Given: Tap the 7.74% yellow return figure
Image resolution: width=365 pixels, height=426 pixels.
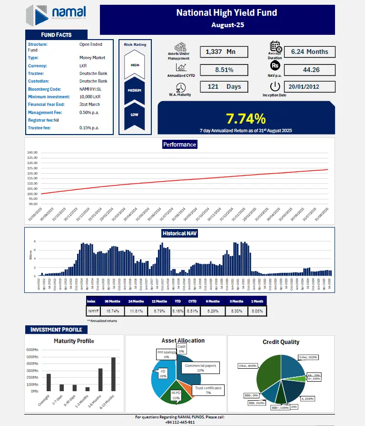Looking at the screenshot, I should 246,118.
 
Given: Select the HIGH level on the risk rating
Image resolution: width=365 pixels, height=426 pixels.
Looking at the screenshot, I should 135,65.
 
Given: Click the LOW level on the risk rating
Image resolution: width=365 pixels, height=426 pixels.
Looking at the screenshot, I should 135,114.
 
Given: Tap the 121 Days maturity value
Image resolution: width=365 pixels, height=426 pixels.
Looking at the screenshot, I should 224,87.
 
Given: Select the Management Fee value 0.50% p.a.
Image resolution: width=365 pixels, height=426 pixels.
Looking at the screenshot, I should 89,112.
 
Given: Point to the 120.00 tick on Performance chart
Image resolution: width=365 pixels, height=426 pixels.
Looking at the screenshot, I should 32,173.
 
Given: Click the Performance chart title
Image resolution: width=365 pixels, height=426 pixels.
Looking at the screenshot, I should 179,144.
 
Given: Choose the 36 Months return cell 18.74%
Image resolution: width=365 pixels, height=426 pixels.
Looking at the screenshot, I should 113,311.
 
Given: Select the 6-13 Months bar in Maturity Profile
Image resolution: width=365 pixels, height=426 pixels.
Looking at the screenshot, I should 113,374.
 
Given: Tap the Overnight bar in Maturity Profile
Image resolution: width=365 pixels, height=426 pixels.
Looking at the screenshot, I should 48,382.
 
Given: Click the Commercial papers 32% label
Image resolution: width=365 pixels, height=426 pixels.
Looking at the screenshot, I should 200,368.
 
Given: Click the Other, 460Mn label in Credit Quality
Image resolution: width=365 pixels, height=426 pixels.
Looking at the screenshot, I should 247,365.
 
